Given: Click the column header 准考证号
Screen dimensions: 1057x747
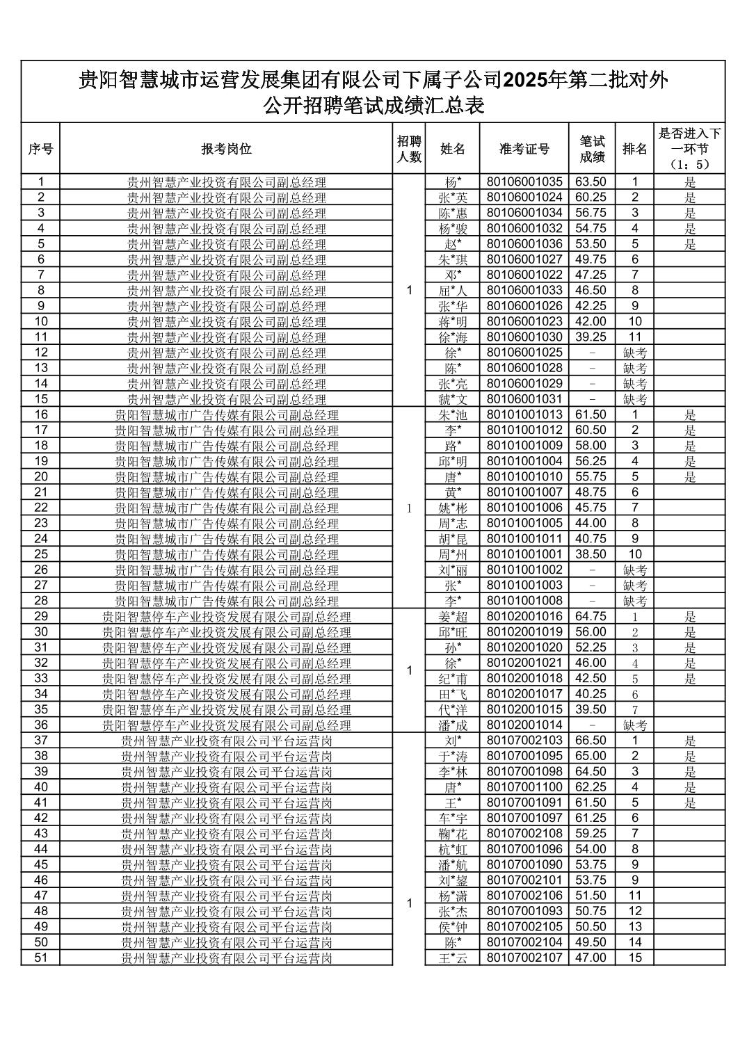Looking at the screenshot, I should pyautogui.click(x=524, y=149).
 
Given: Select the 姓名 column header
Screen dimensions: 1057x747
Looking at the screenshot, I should pyautogui.click(x=452, y=149).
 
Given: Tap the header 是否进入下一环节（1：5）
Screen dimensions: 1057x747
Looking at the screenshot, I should pyautogui.click(x=689, y=149).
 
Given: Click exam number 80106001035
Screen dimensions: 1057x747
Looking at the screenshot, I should pyautogui.click(x=524, y=182).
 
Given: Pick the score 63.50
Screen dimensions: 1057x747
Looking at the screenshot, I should pyautogui.click(x=591, y=182).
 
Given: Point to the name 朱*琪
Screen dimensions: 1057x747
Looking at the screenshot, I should pyautogui.click(x=452, y=260).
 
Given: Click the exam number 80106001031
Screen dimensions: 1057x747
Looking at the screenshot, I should pyautogui.click(x=524, y=399).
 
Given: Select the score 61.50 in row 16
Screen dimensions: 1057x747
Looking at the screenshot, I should pyautogui.click(x=591, y=414).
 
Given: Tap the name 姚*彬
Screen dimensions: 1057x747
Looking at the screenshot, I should pyautogui.click(x=452, y=508).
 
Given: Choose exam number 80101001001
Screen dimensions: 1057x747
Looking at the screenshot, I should pyautogui.click(x=524, y=554).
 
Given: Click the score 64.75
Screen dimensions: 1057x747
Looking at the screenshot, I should pyautogui.click(x=591, y=616).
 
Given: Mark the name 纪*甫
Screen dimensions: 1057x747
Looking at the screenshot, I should pyautogui.click(x=452, y=679).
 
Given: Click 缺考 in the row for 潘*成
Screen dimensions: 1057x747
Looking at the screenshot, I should pyautogui.click(x=634, y=725).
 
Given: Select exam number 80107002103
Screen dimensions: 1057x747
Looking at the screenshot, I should pyautogui.click(x=524, y=741).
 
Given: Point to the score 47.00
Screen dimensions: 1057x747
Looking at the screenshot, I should pyautogui.click(x=591, y=958).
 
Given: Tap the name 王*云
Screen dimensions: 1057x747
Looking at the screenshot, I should pyautogui.click(x=452, y=958).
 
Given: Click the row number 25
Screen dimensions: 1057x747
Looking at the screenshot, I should pyautogui.click(x=40, y=554).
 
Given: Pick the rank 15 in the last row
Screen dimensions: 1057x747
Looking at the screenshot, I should pyautogui.click(x=634, y=958).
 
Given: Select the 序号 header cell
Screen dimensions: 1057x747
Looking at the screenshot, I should pyautogui.click(x=40, y=149).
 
